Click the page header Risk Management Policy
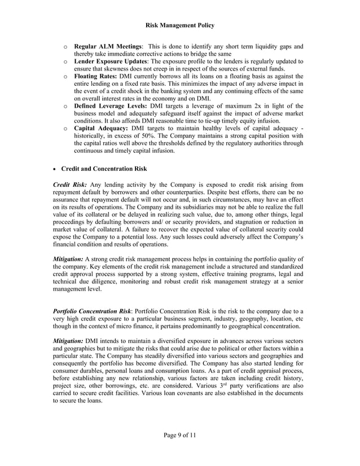[179, 25]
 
